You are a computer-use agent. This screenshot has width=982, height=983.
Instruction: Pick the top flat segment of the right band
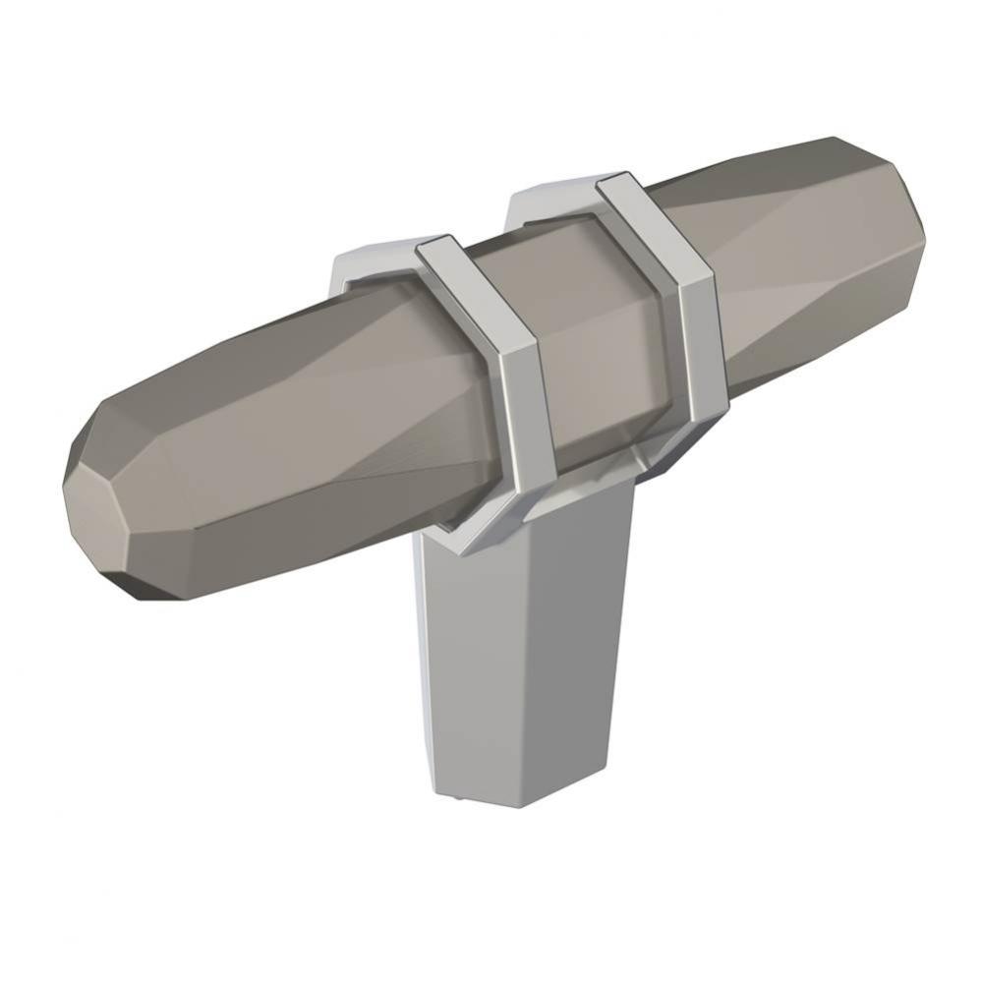point(624,187)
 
